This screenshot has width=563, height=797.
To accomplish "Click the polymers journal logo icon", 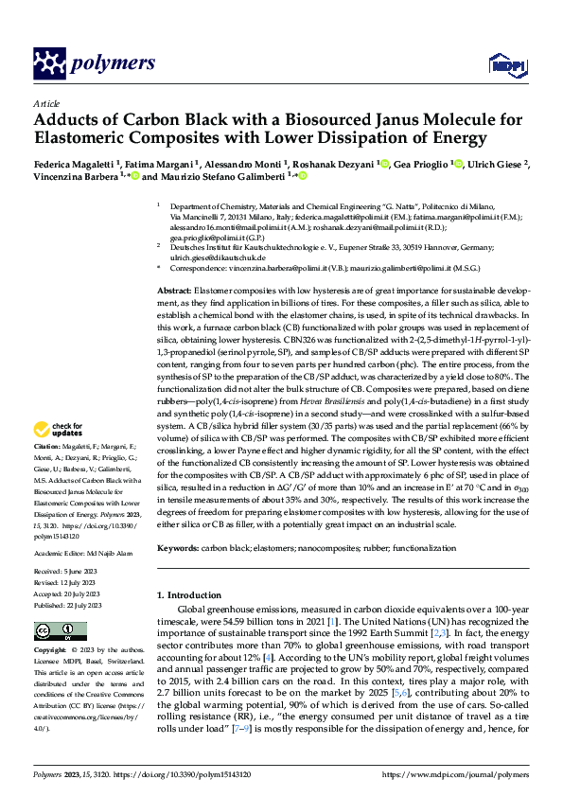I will click(48, 63).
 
